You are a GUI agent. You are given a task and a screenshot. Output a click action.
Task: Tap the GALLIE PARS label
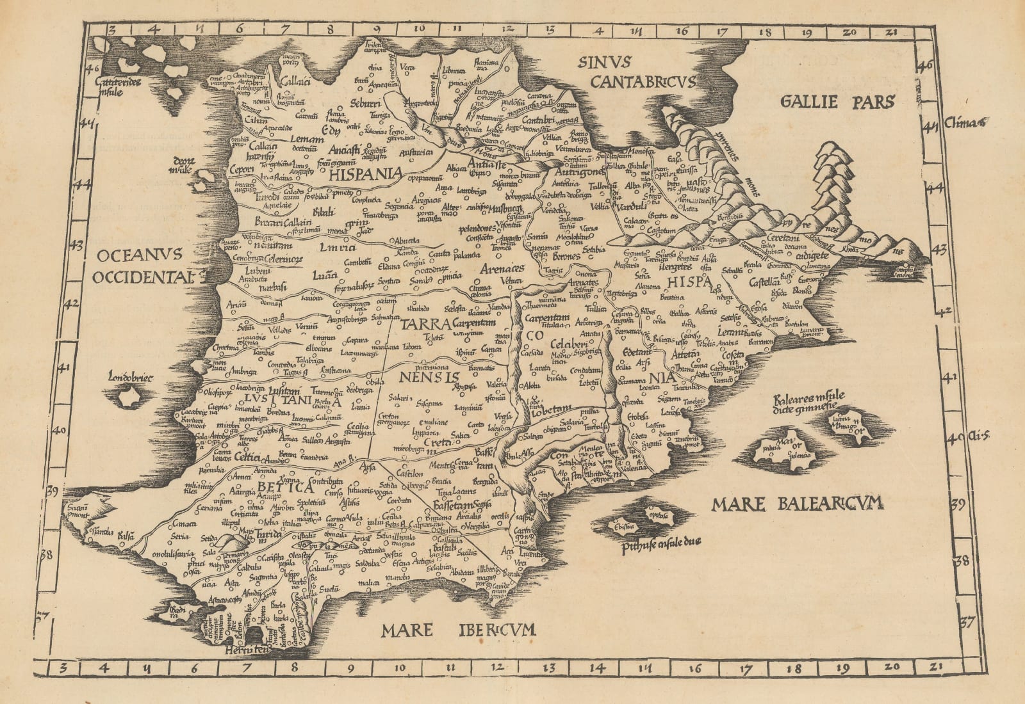point(837,102)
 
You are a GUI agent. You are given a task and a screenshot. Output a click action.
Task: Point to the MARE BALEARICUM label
point(797,504)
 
